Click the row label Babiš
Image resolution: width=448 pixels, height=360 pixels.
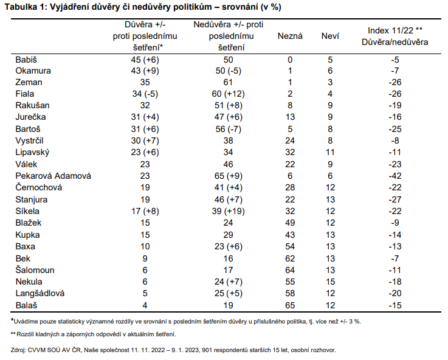pos(26,60)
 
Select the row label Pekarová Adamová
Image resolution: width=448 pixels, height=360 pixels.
pos(53,176)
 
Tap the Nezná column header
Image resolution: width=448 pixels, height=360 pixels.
pos(290,36)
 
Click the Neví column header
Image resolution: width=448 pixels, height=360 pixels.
pos(330,36)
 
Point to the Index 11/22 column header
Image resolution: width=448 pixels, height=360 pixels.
pos(395,30)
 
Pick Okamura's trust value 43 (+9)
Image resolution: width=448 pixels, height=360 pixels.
pos(145,71)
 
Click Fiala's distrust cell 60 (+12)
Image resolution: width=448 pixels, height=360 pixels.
pos(229,94)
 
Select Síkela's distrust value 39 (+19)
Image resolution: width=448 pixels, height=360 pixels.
pos(229,211)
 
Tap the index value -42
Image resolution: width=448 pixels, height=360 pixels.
pos(395,176)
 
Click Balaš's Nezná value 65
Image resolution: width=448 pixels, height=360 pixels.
pos(290,305)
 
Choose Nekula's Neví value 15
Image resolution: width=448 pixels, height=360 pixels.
pos(330,282)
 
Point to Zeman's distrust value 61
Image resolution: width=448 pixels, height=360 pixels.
pos(228,82)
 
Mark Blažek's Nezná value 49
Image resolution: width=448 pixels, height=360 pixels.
pos(290,223)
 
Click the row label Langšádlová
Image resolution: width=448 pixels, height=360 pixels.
pos(40,294)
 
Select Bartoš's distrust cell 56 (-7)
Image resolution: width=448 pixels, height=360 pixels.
pos(229,129)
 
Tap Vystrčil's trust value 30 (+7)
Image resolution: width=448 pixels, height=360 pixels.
pos(145,140)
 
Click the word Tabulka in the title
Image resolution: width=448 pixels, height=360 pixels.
pos(21,7)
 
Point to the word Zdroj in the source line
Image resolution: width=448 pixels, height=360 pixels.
pos(18,350)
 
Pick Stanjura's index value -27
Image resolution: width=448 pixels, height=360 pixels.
pos(395,199)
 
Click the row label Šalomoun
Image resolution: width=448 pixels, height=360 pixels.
pos(35,270)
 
